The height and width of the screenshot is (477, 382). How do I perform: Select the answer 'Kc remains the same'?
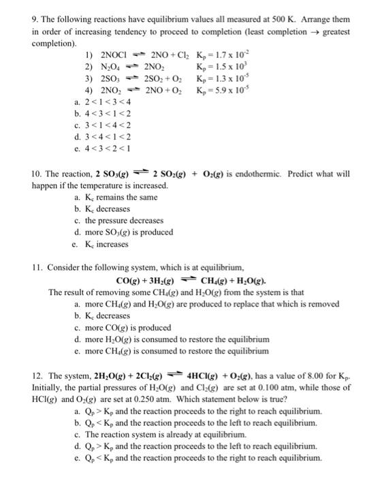click(x=122, y=197)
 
